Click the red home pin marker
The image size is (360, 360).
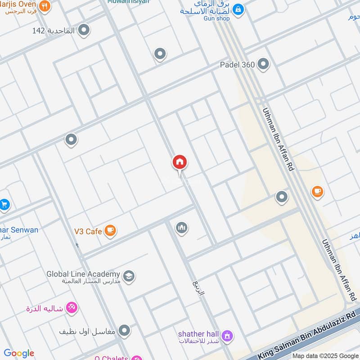pos(180,162)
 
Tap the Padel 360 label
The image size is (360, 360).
pos(237,64)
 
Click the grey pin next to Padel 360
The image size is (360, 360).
pos(263,64)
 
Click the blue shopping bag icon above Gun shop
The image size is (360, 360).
pos(238,9)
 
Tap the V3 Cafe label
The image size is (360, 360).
pos(88,231)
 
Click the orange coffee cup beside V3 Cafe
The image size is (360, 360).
pos(110,231)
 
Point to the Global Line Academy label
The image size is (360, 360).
pos(83,274)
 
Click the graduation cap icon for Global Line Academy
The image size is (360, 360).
pos(129,276)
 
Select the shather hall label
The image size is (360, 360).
pos(198,334)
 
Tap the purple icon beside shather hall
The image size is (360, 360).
pos(228,335)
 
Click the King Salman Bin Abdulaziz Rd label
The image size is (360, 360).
pos(306,332)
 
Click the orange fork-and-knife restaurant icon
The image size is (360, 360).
pos(44,6)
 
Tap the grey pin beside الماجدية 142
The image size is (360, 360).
pos(83,30)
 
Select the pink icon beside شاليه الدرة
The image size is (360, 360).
pos(72,308)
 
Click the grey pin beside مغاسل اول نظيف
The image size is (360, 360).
pos(124,331)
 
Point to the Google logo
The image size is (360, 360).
pos(19,353)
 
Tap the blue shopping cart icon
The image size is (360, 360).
pos(4,205)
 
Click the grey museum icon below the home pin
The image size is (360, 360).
pos(181,228)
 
